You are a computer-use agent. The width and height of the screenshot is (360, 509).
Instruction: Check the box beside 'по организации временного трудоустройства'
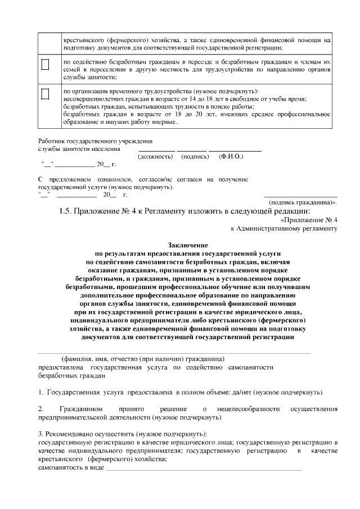pos(46,93)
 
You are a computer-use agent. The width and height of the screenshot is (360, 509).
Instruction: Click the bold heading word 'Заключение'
pos(188,245)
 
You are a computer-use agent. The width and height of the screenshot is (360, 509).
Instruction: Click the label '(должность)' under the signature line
pos(155,156)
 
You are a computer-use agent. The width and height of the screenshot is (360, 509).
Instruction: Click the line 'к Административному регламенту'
pos(284,229)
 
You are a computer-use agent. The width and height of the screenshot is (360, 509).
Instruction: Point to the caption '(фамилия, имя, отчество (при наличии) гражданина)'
pos(143,359)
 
